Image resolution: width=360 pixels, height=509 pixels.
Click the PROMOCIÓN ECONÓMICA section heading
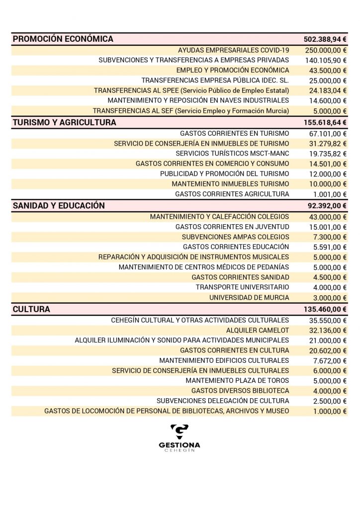(x=63, y=39)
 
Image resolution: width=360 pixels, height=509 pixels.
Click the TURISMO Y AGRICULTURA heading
(x=65, y=122)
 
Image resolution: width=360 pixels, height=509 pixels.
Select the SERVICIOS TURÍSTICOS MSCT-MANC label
(x=232, y=154)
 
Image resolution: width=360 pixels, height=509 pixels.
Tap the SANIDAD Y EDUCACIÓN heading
(x=59, y=206)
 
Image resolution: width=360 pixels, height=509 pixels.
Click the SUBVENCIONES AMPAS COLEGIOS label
(x=235, y=237)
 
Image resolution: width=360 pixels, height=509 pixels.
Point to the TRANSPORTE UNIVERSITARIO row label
(x=242, y=287)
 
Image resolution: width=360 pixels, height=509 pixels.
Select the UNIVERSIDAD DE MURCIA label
(x=249, y=298)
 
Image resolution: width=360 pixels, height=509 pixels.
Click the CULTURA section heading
(x=31, y=309)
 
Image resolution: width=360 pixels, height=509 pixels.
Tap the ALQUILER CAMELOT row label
(x=258, y=330)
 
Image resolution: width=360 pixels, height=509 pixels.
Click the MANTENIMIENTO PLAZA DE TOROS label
(x=237, y=381)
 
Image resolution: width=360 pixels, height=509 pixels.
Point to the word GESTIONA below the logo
(x=180, y=445)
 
